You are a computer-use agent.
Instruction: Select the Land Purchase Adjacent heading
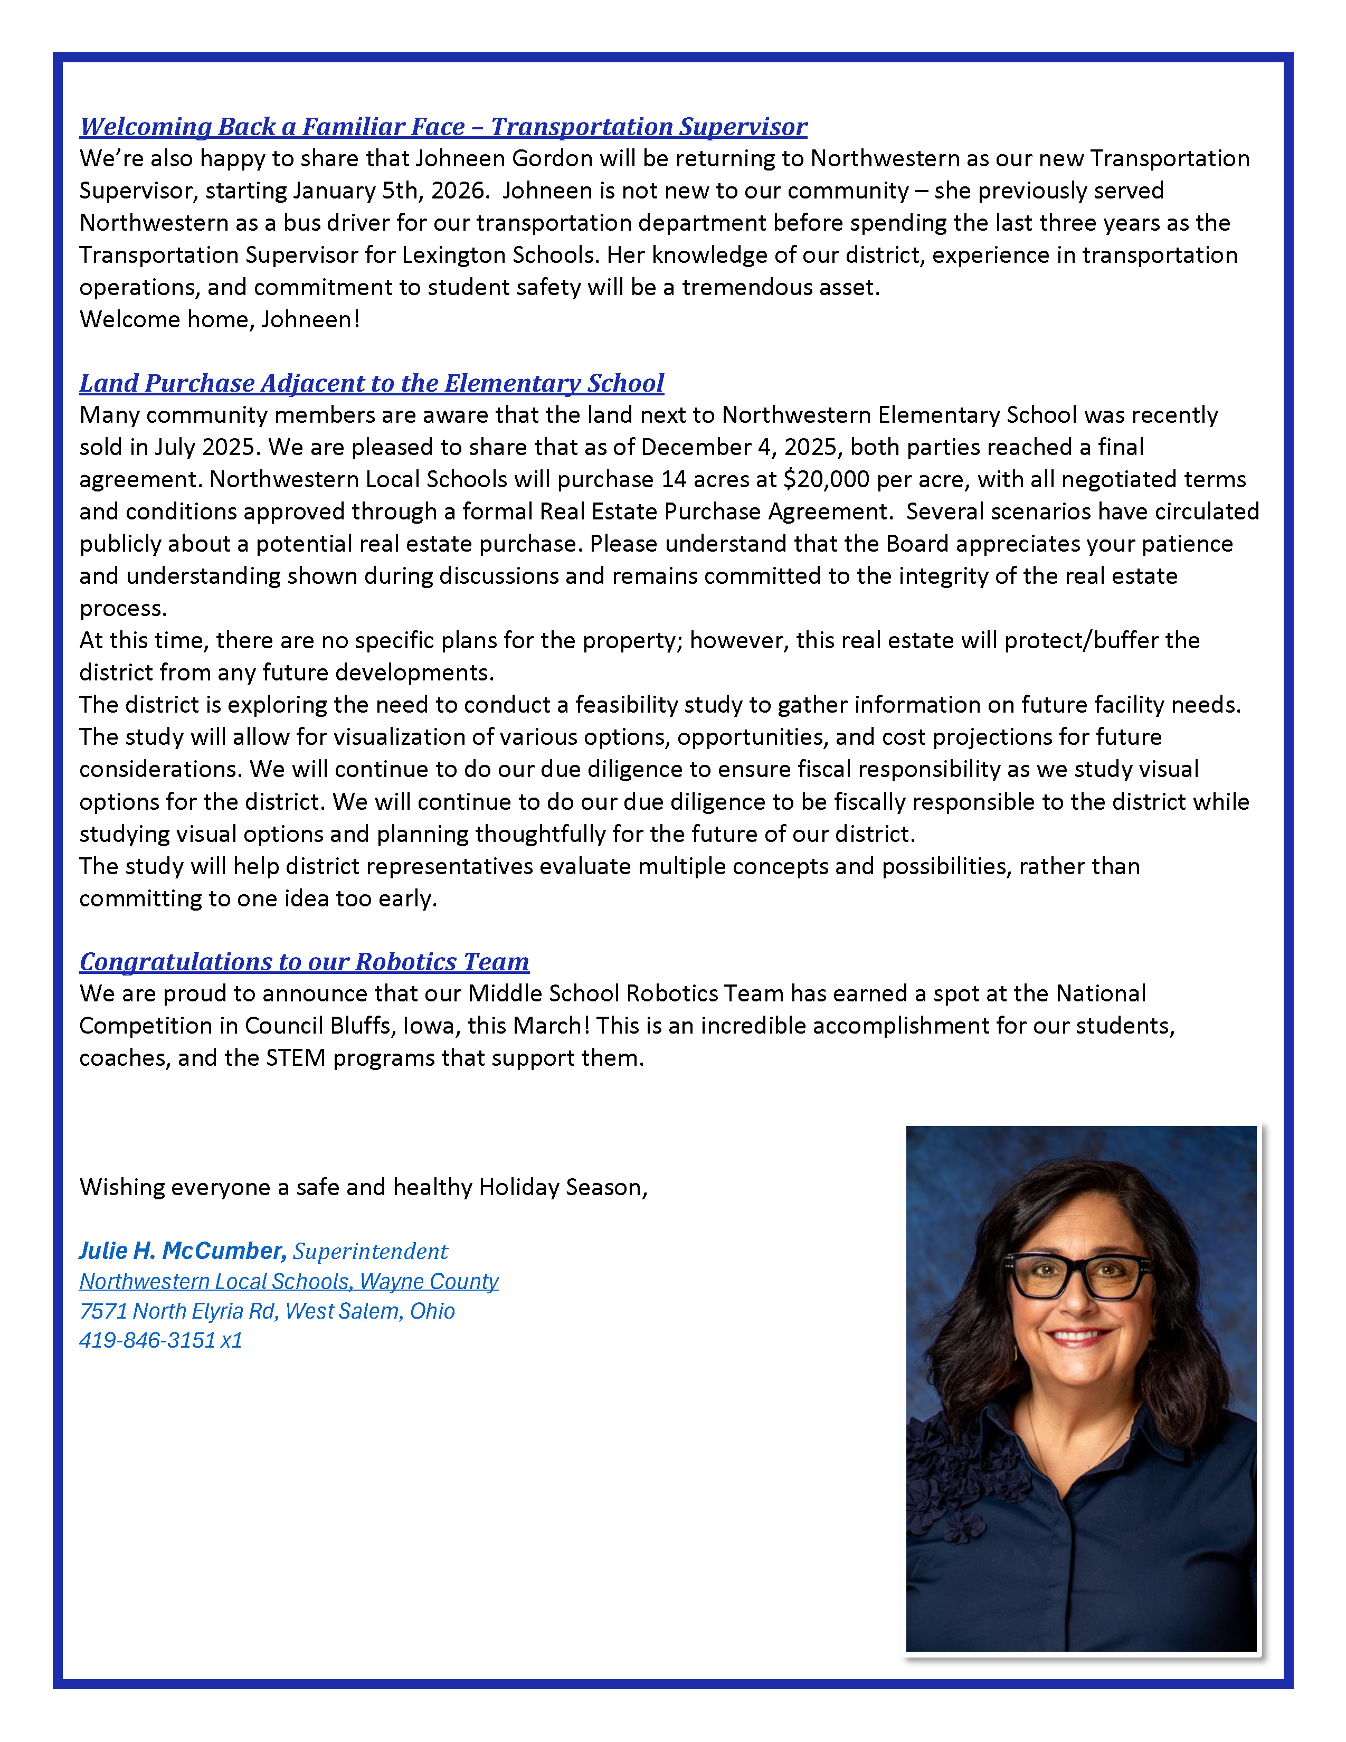click(372, 384)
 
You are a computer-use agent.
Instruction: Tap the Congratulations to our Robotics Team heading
click(304, 962)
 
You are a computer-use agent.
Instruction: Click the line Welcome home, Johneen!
click(219, 320)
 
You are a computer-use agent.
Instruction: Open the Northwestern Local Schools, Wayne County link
click(289, 1282)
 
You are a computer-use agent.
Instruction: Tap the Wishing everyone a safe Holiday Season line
click(363, 1188)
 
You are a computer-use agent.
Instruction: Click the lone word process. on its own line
click(123, 609)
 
